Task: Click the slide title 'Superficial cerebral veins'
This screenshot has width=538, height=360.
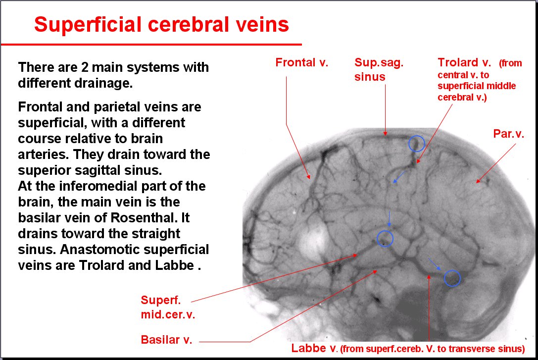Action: [161, 24]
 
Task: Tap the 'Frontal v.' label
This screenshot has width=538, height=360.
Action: [302, 62]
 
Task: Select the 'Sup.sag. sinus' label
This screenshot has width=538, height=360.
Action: [379, 69]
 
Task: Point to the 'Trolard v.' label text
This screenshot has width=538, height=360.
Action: [464, 62]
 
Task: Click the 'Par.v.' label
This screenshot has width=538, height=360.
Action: [509, 134]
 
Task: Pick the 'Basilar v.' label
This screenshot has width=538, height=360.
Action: [166, 340]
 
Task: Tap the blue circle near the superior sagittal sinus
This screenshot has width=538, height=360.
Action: [416, 144]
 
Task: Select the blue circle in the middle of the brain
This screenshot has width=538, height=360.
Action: [385, 239]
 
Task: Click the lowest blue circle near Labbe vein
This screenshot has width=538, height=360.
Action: [452, 278]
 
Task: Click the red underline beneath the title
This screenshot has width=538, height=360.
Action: [151, 45]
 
